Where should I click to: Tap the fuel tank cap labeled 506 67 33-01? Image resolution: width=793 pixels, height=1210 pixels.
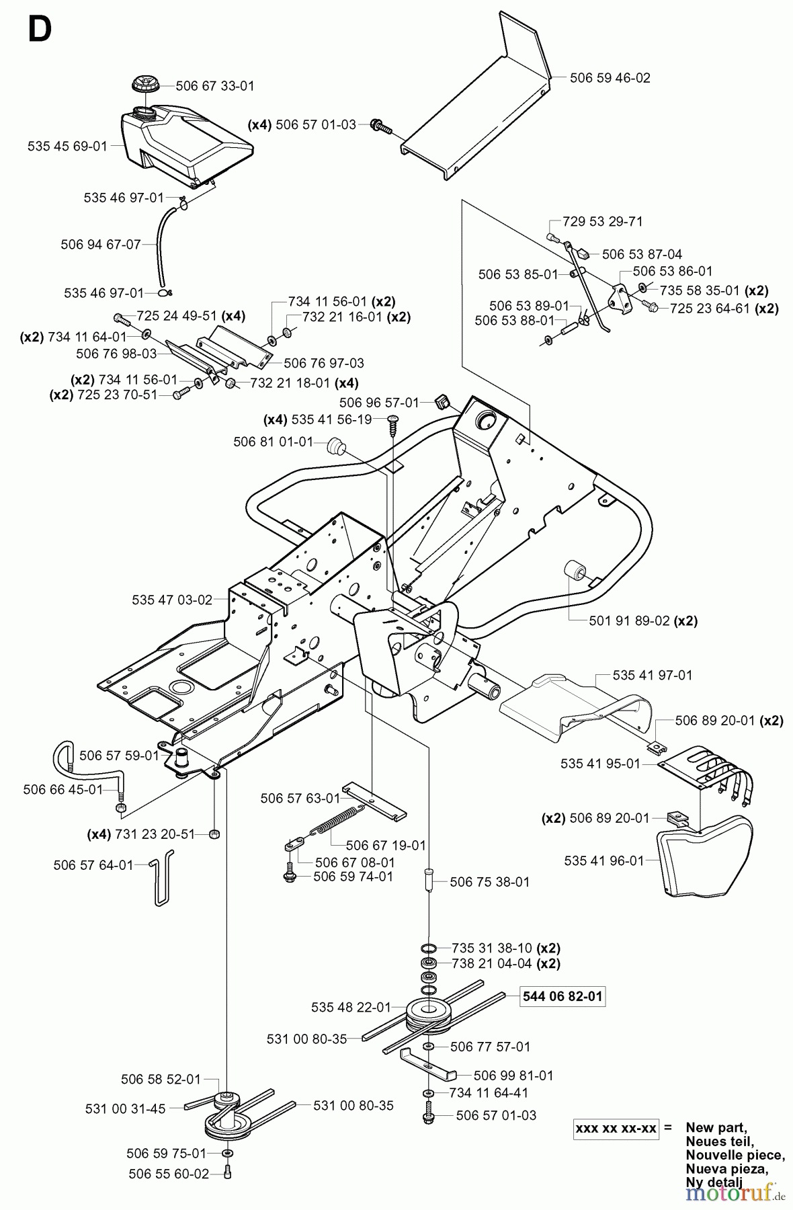click(143, 86)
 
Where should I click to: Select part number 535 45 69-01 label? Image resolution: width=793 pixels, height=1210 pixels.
click(67, 145)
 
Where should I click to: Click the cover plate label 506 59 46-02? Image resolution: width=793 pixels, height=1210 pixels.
click(610, 78)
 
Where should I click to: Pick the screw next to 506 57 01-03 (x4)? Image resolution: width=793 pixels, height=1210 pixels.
click(380, 124)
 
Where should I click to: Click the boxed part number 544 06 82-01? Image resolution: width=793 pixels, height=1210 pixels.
click(563, 996)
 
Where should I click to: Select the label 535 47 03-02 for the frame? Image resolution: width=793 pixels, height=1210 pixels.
click(172, 600)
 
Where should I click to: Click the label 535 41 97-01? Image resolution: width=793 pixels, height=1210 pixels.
click(652, 675)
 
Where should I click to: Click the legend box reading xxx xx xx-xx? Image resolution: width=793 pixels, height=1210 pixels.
click(616, 1128)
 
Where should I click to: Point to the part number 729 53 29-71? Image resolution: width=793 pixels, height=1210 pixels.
click(592, 222)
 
